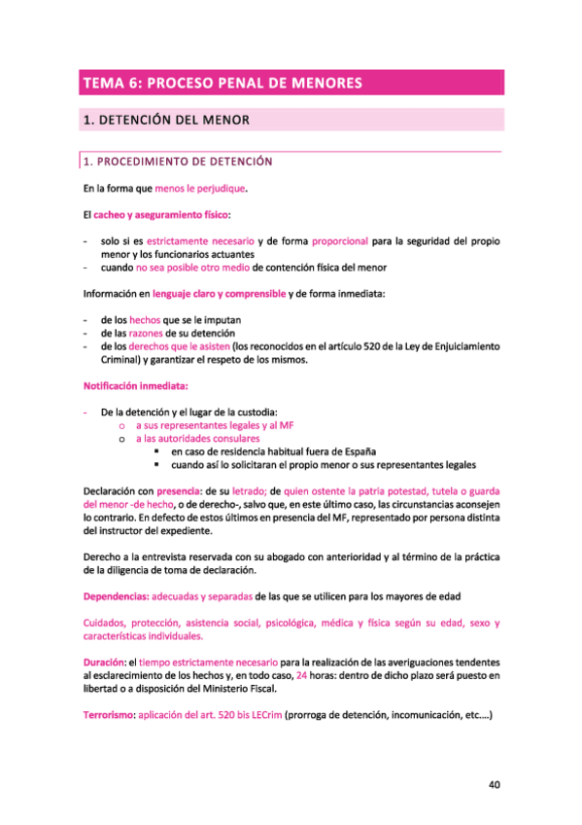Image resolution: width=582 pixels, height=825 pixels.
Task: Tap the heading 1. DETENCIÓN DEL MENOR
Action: [x=167, y=121]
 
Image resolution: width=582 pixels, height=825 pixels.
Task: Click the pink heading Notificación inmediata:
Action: [x=135, y=385]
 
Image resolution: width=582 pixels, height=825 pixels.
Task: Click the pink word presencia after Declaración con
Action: [x=180, y=491]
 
